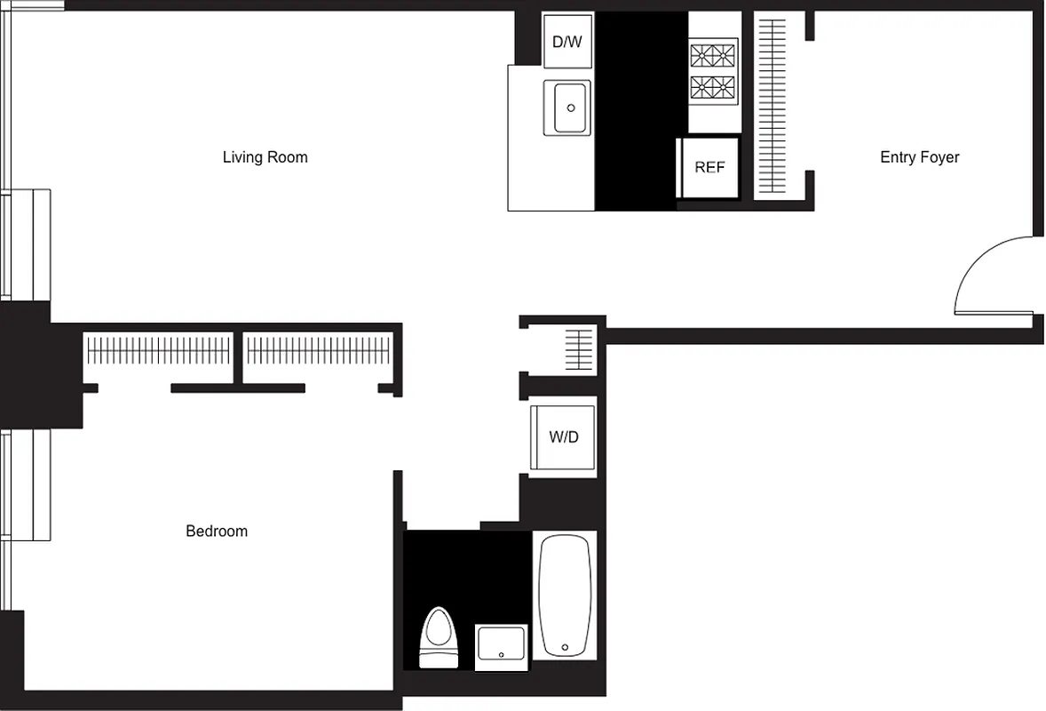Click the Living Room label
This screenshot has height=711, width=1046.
click(x=265, y=157)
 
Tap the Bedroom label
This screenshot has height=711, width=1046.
click(x=217, y=531)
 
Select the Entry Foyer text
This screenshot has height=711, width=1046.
click(x=919, y=157)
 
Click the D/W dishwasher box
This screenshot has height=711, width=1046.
click(x=567, y=41)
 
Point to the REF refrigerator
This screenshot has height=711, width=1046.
click(x=709, y=167)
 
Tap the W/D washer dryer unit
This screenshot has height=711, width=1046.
click(x=563, y=437)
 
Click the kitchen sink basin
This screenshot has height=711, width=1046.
click(x=571, y=108)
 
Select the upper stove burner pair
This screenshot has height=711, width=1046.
click(x=714, y=55)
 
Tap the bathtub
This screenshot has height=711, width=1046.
click(x=565, y=594)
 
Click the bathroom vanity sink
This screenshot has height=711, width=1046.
click(x=501, y=647)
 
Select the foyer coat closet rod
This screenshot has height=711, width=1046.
click(x=771, y=107)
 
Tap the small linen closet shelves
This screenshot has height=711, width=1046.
click(x=579, y=348)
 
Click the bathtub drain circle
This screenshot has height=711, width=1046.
click(x=565, y=647)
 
